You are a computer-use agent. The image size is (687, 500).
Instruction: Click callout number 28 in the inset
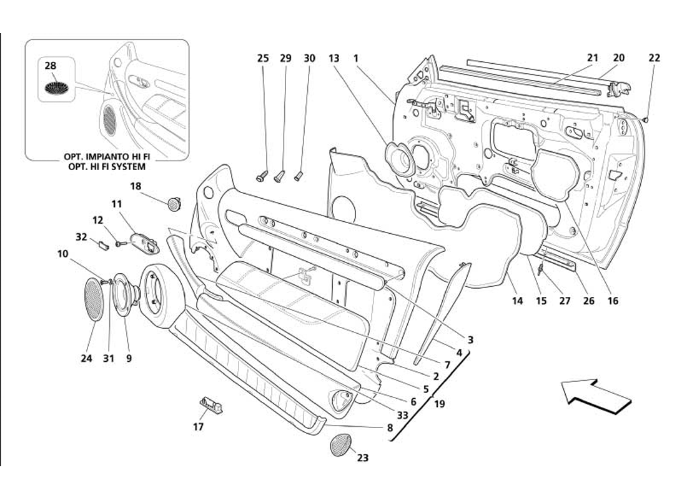(x=51, y=66)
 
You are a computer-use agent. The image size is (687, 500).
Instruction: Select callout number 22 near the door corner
(x=654, y=58)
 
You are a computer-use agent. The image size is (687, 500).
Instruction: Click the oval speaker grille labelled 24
(x=94, y=300)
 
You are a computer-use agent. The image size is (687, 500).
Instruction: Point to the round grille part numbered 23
(x=340, y=444)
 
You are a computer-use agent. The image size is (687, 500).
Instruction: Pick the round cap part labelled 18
(x=174, y=202)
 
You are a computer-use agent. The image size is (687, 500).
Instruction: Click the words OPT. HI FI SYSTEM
(x=106, y=167)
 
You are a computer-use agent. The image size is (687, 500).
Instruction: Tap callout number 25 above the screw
(x=263, y=58)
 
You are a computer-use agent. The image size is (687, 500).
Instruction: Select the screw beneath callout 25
(x=262, y=176)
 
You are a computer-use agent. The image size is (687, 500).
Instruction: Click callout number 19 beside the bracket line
(x=439, y=404)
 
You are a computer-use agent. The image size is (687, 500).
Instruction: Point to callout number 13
(x=334, y=58)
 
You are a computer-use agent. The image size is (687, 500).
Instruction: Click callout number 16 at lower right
(x=613, y=301)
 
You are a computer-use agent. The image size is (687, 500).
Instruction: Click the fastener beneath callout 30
(x=299, y=174)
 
